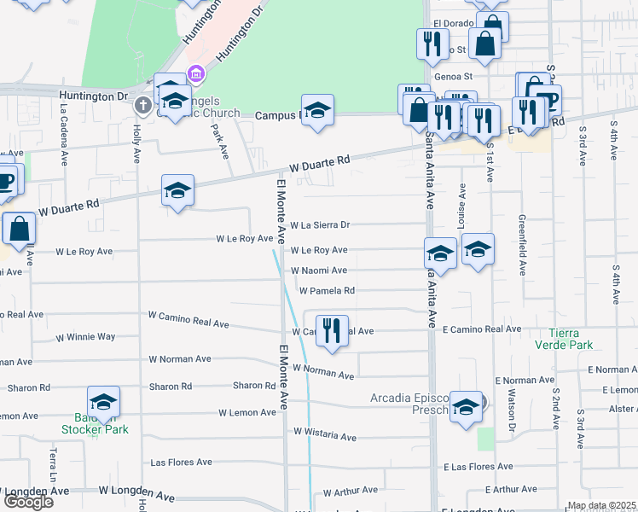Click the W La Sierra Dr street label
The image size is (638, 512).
coord(320,226)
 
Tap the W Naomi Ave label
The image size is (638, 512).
coord(319,271)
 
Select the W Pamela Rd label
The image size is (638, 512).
coord(326,291)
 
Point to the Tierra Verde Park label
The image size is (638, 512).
coord(563,339)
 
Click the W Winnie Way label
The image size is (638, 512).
coord(85,337)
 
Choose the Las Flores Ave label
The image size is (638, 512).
coord(180,463)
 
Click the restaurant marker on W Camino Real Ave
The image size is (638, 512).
coord(332,329)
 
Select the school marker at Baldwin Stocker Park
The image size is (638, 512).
coord(103,403)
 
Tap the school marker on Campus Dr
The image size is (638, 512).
coord(317,110)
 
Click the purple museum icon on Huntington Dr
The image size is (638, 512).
coord(197,74)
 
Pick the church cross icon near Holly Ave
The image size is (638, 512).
coord(143,105)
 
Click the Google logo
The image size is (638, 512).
coord(28,502)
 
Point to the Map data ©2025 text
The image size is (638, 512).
coord(601,505)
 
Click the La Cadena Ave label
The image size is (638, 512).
coord(64,135)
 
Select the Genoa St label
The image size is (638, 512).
coord(453,76)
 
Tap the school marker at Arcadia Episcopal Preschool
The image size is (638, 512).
coord(466,407)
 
